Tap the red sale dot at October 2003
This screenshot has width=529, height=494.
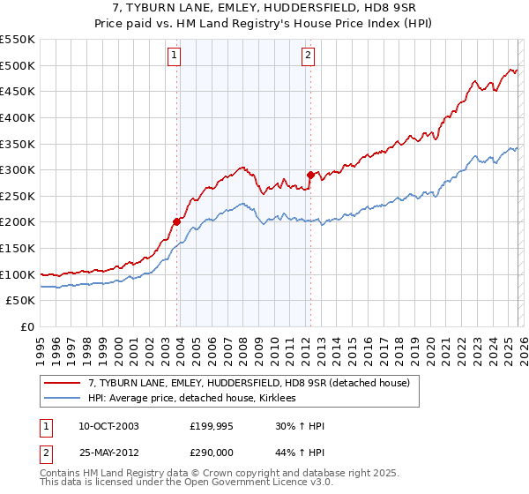coord(176,221)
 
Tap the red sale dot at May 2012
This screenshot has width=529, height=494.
coord(310,174)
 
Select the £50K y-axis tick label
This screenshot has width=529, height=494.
coord(21,301)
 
